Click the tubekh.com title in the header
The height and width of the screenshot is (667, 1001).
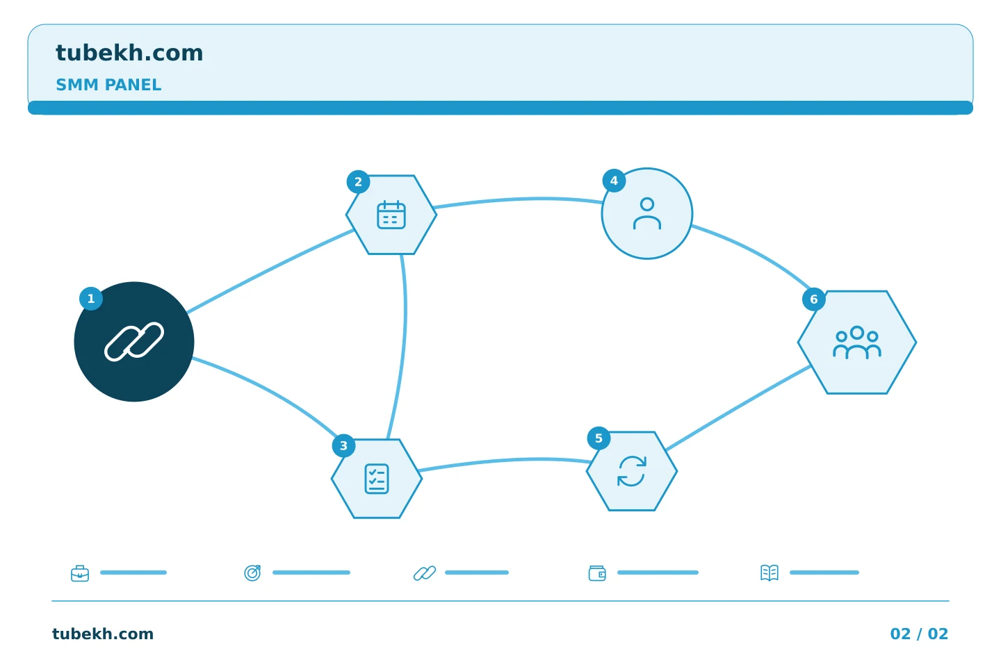(x=129, y=53)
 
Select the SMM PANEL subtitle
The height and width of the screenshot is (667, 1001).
(x=108, y=85)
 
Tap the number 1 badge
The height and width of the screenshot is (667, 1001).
(x=91, y=299)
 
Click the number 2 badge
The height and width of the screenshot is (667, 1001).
(x=359, y=182)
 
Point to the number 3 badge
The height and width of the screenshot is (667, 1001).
(x=343, y=446)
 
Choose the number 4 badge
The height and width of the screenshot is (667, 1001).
(x=614, y=181)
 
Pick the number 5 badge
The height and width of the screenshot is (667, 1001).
(x=599, y=438)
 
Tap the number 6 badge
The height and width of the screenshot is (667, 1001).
(x=814, y=299)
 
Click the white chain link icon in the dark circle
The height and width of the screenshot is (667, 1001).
(x=134, y=341)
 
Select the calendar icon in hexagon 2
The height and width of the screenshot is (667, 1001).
(x=391, y=215)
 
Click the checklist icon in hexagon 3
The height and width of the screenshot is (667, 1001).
(x=377, y=479)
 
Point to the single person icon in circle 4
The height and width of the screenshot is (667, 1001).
(x=647, y=213)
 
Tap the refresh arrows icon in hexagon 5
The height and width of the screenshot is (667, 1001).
(x=632, y=471)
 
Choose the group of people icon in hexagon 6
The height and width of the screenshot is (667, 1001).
(x=857, y=343)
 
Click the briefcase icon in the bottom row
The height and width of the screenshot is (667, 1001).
(x=80, y=573)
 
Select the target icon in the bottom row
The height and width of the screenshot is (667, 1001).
(x=252, y=573)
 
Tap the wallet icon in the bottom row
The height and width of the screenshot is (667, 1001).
(x=597, y=573)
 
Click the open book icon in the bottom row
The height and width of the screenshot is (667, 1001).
(x=770, y=573)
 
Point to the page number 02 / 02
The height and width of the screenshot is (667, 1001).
(x=919, y=634)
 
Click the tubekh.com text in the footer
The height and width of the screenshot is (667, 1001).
(x=103, y=634)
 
